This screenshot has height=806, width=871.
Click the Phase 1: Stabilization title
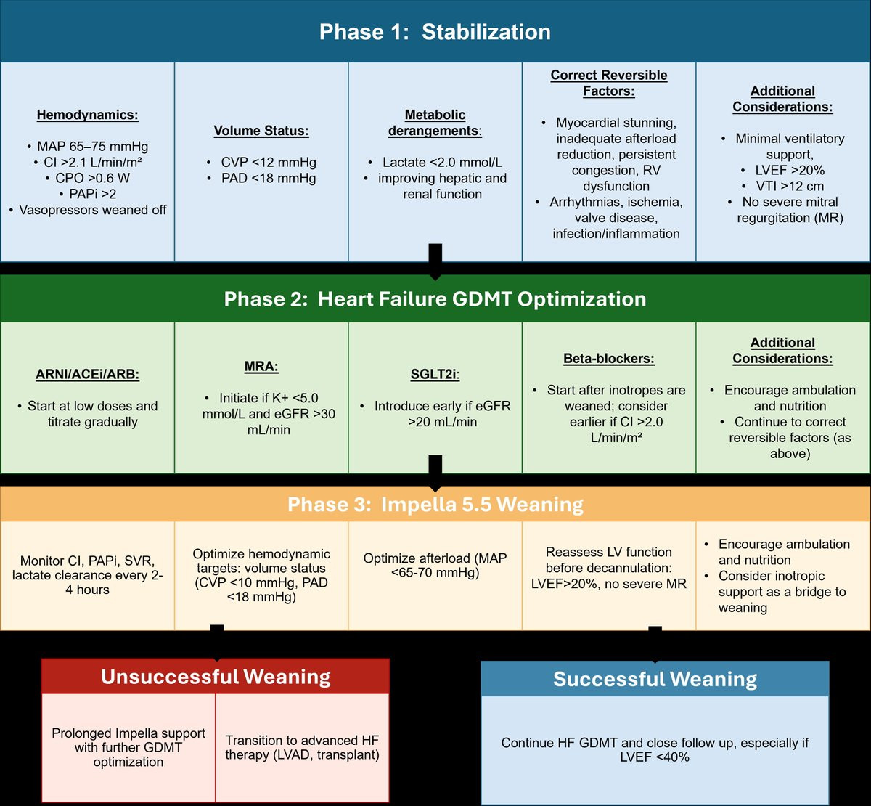pos(435,32)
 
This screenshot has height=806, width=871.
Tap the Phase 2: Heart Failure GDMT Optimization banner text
pos(435,298)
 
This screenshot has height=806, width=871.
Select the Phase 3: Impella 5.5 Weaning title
pos(435,504)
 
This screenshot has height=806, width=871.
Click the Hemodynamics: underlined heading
pos(87,115)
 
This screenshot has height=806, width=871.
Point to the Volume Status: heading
pos(261,131)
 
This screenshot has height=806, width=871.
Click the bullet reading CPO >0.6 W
pos(88,178)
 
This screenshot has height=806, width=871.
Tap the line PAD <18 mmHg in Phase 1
pos(262,178)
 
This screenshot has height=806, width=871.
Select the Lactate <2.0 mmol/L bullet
pos(435,163)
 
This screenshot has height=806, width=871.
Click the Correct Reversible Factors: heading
pos(609,83)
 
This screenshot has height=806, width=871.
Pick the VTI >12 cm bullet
pos(783,186)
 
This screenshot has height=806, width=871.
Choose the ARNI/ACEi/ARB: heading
pos(87,374)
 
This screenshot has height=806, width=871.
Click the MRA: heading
pos(261,367)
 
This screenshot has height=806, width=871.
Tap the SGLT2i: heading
pos(435,374)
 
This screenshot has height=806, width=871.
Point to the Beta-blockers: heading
pos(609,359)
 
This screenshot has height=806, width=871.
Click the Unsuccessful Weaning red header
pos(216,677)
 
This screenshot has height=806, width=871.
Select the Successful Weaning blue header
pos(655,679)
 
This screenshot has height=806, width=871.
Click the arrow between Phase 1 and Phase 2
pos(435,262)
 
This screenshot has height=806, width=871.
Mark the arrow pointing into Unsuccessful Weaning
pos(216,643)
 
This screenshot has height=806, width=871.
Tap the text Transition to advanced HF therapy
pos(302,747)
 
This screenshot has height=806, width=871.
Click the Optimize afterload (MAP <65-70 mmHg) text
pos(435,565)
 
